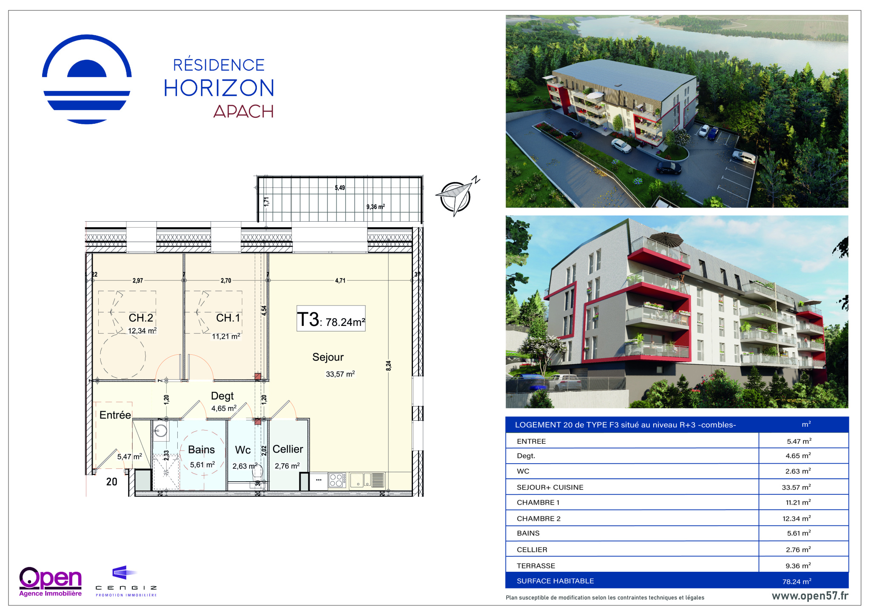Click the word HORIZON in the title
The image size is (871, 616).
[x=219, y=88]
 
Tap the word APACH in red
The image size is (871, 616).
[x=243, y=111]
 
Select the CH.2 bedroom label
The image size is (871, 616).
[x=141, y=318]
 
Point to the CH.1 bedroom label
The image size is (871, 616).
[x=228, y=318]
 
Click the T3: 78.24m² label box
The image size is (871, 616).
[x=331, y=318]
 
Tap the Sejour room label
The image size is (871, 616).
[x=328, y=357]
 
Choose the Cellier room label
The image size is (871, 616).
[x=288, y=449]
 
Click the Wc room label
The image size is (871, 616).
[x=243, y=450]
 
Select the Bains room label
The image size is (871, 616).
[x=202, y=450]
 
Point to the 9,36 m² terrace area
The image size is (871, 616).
[x=376, y=207]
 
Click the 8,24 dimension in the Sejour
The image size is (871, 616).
[x=388, y=365]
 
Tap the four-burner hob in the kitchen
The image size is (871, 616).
[x=336, y=480]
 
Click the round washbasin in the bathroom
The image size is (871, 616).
[x=161, y=431]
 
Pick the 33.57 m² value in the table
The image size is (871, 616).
[x=796, y=487]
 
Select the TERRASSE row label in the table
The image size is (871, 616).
[x=536, y=566]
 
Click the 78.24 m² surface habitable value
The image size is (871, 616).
[x=797, y=581]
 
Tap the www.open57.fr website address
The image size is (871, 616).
[x=810, y=596]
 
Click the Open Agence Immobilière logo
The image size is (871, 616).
[x=51, y=582]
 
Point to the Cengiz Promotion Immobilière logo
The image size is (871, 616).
[x=126, y=581]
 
